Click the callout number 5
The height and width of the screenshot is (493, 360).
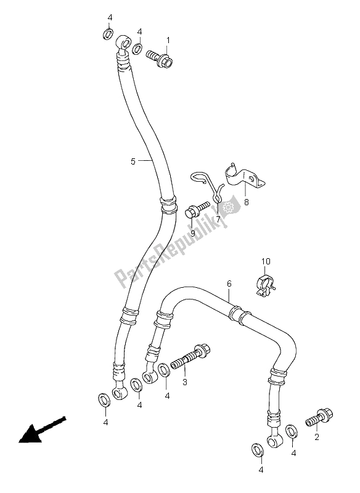point(133,162)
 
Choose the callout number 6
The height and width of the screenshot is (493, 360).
point(229,283)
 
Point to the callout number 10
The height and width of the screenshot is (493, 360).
point(264,261)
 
